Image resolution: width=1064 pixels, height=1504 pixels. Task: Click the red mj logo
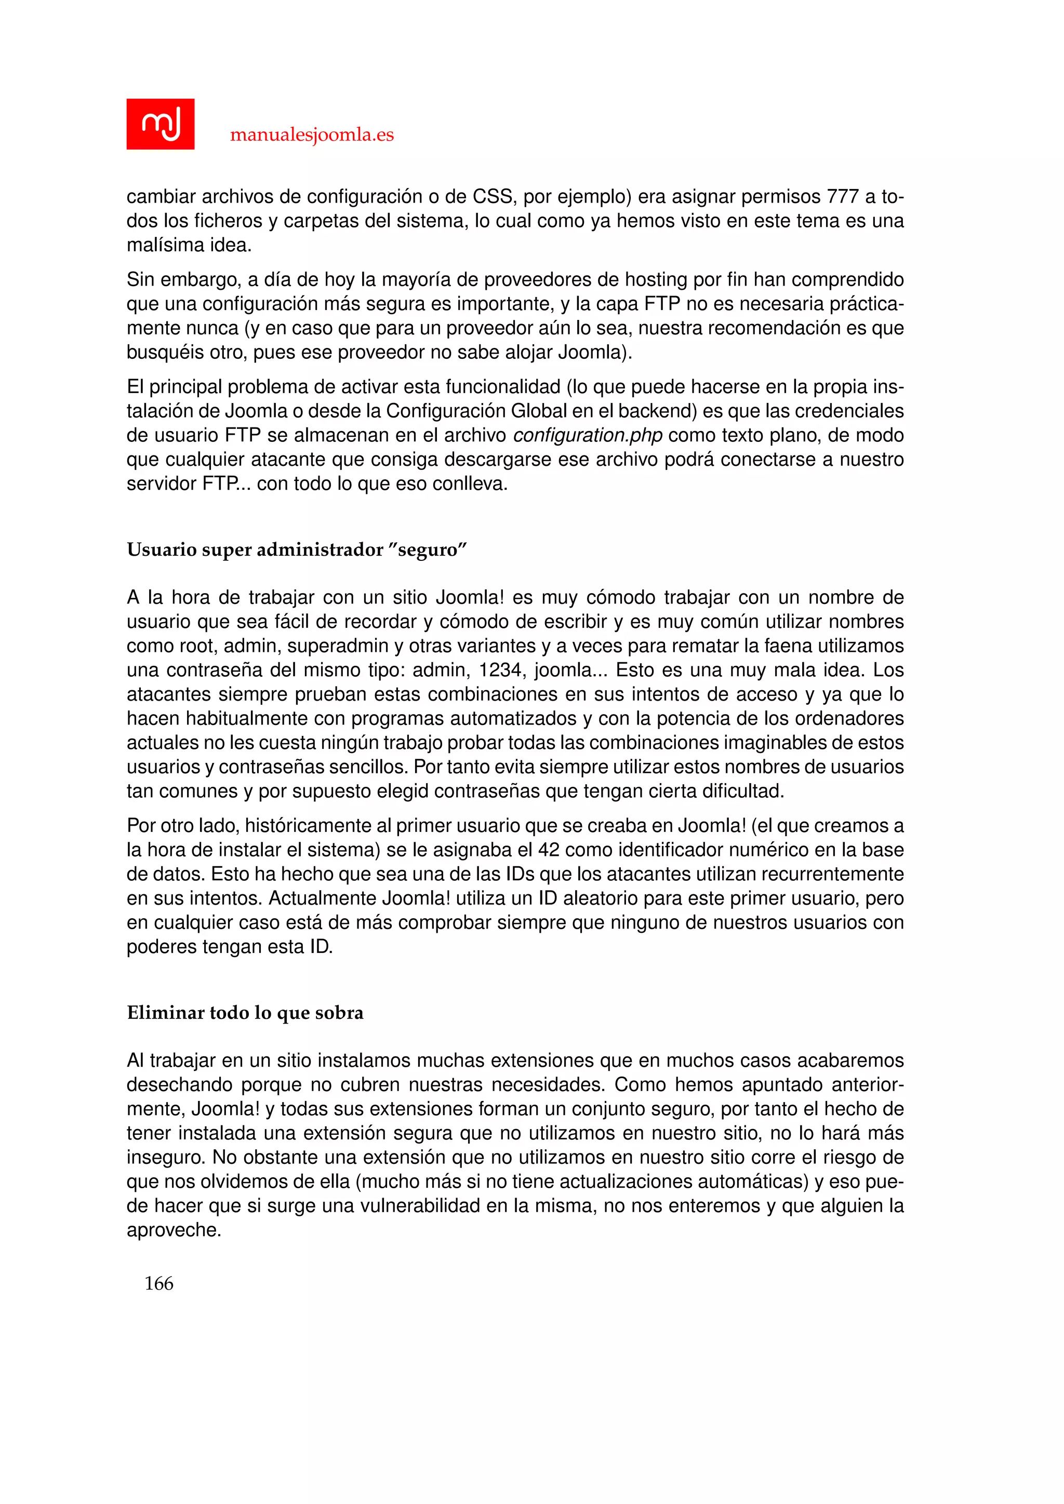click(160, 124)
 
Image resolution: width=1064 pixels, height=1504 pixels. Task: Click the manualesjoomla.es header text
click(312, 135)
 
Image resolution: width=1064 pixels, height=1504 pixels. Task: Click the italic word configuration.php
click(588, 436)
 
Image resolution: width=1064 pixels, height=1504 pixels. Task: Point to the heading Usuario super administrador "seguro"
click(296, 549)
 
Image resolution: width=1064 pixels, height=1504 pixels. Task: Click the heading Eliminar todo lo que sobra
click(245, 1013)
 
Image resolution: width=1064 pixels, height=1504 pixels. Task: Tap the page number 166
click(158, 1283)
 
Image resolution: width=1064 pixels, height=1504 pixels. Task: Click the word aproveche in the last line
click(173, 1230)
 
